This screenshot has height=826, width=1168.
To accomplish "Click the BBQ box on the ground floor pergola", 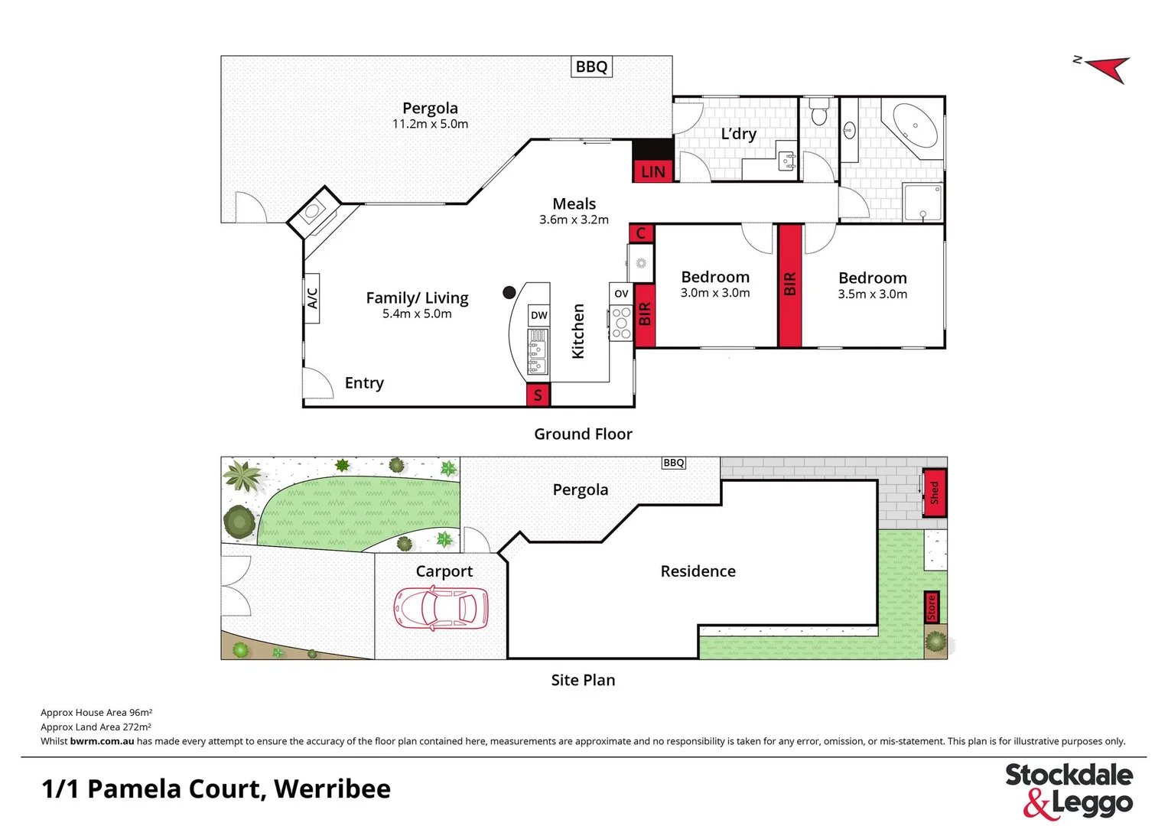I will coord(591,67).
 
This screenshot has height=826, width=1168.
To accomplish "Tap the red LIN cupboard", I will coord(652,171).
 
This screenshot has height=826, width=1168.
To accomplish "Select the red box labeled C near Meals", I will coord(641,233).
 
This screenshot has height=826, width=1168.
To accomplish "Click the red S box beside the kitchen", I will coord(538,395).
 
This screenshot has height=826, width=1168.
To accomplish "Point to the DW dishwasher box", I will coord(538,315).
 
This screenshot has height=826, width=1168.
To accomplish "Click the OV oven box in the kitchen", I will coord(621,294).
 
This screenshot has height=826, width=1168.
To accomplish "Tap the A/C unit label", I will coord(312,298).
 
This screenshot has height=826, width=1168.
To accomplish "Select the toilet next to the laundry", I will coord(819,112).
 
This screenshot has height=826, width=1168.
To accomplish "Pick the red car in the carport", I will coord(441,608).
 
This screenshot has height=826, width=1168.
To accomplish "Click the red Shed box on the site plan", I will coord(934,492).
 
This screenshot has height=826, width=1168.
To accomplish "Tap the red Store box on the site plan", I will coord(931,607).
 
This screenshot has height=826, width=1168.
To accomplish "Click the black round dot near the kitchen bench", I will coord(509,292).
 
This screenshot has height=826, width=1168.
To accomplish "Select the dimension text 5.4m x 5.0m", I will coord(417,314).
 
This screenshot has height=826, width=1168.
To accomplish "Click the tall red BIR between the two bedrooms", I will coord(789,285).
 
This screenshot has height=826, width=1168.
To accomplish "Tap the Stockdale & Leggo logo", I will coord(1069,790).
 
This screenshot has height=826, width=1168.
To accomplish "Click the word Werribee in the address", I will coord(332,789).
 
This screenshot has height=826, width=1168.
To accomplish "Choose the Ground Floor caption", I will coord(583,434).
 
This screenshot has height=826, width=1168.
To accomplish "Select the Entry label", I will coord(364,382).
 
